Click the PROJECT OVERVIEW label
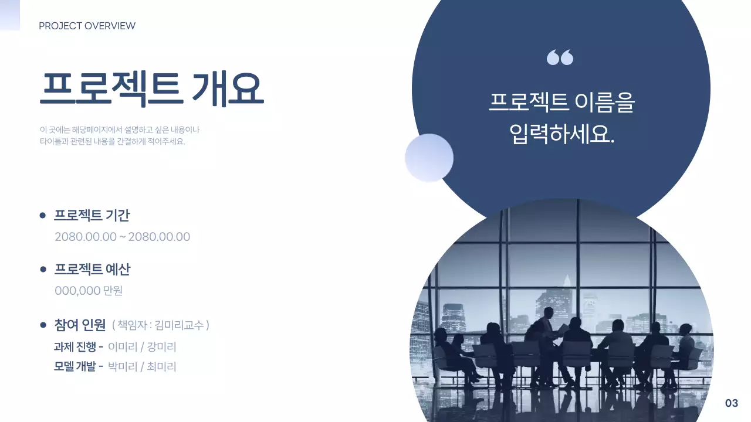tap(87, 26)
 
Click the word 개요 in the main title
tap(228, 89)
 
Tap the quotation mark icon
tap(560, 57)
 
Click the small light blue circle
tap(429, 158)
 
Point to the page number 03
tap(731, 403)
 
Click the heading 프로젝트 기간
tap(92, 215)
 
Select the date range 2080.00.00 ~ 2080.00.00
tap(122, 237)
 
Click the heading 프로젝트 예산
tap(92, 269)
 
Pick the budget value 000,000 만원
tap(89, 291)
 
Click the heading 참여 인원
tap(80, 324)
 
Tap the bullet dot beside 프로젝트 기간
tap(42, 216)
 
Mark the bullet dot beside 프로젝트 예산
tap(42, 270)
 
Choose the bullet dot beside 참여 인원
tap(42, 325)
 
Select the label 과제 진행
tap(75, 346)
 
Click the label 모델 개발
tap(75, 367)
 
